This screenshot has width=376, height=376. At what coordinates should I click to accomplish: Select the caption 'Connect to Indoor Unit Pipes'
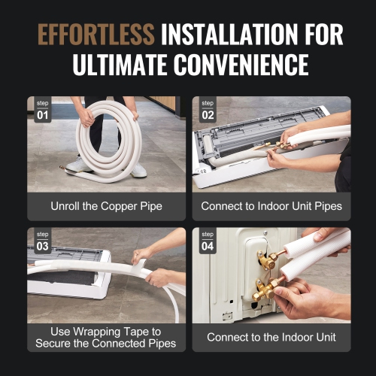click(271, 205)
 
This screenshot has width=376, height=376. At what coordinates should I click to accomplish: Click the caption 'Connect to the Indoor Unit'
click(271, 337)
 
